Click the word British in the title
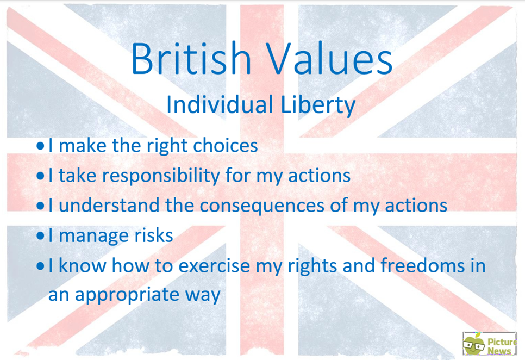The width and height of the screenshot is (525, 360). click(191, 58)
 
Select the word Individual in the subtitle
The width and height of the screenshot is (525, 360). click(220, 104)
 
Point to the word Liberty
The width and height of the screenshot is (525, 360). click(318, 105)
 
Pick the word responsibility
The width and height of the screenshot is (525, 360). click(161, 176)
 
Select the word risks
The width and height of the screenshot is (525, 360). click(154, 235)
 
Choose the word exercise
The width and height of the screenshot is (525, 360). click(214, 265)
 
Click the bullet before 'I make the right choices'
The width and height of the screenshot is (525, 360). click(40, 146)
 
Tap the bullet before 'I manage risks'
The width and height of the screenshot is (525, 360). click(40, 236)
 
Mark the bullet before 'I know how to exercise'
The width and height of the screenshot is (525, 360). click(40, 266)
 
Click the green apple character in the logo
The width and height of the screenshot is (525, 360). click(474, 344)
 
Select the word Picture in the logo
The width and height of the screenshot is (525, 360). click(502, 342)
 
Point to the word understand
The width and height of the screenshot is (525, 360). click(109, 205)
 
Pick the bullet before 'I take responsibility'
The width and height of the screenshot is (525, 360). click(40, 176)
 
